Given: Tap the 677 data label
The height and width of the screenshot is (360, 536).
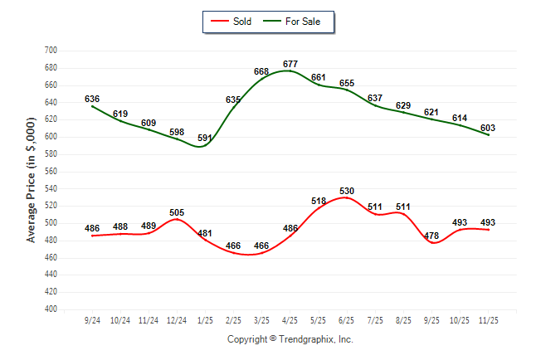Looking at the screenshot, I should coord(290,64).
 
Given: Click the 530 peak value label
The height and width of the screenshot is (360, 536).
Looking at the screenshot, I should coord(346,192).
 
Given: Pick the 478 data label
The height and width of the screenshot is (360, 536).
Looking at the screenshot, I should coord(431,236).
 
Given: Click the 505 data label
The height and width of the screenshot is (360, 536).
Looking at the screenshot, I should coord(177,212).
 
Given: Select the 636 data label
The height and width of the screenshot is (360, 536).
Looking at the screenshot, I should coord(92,100).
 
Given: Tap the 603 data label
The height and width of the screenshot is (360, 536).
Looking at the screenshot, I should coord(488,127).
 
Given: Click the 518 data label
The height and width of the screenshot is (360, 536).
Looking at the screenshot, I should coord(318,202).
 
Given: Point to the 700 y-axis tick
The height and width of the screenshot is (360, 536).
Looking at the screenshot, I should coord(50,51).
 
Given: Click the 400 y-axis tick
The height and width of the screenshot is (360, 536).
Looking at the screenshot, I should coord(50,309).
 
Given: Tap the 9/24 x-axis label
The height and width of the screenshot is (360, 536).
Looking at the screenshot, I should coord(92,319).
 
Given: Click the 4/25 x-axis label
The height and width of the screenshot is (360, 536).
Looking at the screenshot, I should coord(290,319).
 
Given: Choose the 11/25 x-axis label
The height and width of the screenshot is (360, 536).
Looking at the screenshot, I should coord(488,319).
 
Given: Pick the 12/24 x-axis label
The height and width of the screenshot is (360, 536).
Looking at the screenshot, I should coord(177,319).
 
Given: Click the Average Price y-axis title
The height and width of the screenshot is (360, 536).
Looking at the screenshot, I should coord(32,179).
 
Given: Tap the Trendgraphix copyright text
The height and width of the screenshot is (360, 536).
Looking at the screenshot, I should coord(290,339).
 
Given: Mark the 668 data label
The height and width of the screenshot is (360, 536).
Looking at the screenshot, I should coord(261,72).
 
